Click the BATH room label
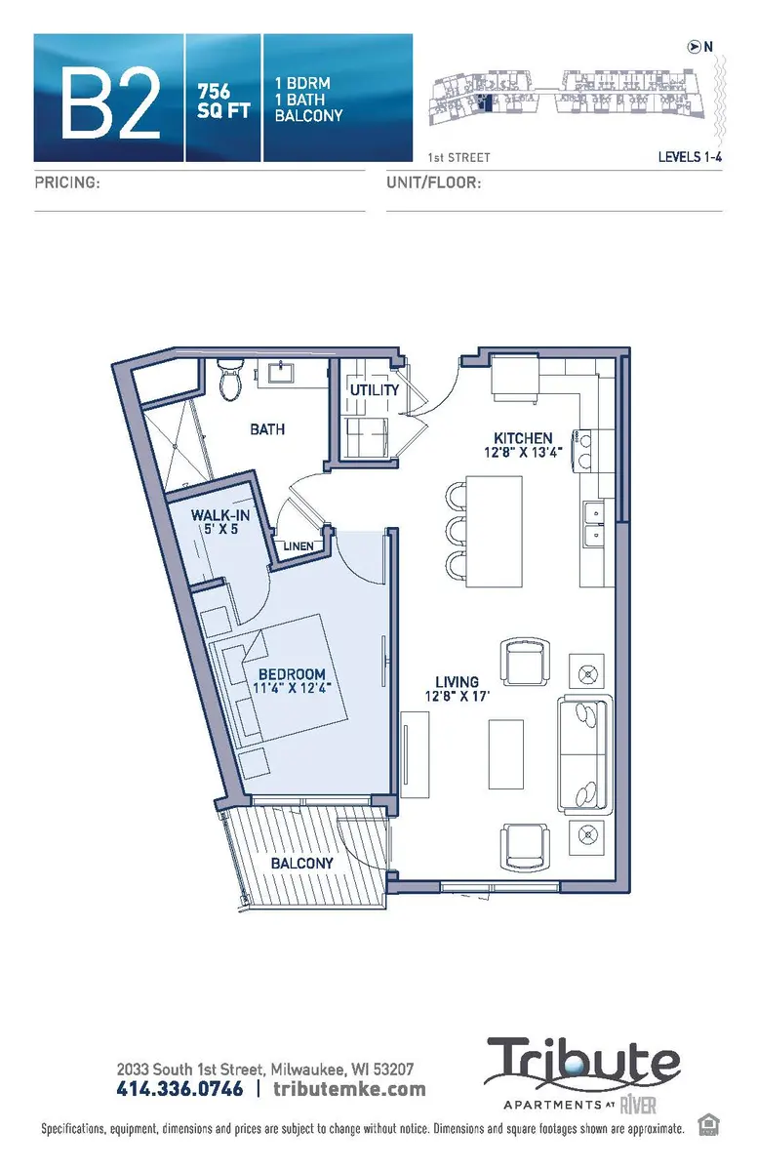coord(266,428)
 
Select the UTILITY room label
coord(375,390)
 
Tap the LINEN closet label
coord(299,545)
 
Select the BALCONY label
coord(302,863)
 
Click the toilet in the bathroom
coord(230,381)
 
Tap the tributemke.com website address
coord(349,1088)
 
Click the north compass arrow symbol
coord(694,45)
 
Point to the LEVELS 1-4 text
coord(690,156)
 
